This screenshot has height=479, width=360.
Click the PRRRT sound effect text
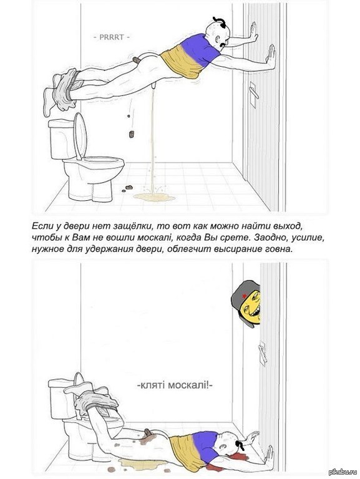[112, 37]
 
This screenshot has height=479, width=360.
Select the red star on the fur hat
[244, 296]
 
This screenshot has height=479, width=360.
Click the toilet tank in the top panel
[62, 139]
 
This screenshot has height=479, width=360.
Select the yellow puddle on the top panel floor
[154, 197]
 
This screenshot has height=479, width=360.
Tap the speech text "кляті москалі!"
[174, 385]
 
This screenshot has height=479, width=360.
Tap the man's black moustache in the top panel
[222, 45]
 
